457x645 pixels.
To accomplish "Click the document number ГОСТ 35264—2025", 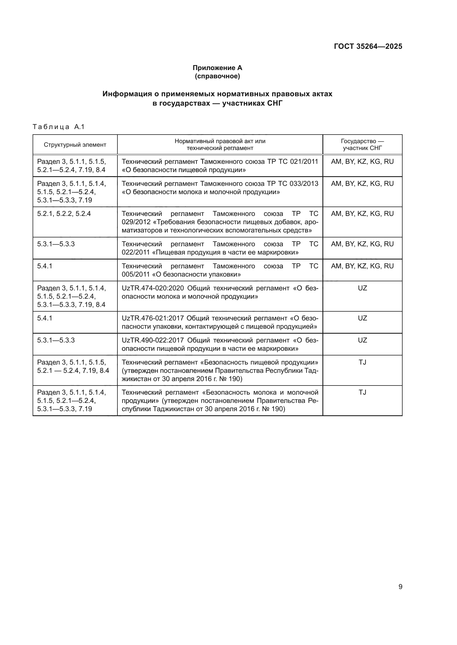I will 368,46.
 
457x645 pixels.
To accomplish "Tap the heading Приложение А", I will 217,68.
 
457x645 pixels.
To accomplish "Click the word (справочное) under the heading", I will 217,76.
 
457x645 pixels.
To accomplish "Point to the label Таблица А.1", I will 59,127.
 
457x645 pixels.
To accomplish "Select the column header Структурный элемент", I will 75,145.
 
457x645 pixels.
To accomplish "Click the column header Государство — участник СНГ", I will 362,145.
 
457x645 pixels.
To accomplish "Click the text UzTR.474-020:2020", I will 153,288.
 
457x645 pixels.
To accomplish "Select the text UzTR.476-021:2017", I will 153,318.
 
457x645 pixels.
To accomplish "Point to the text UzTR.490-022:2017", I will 153,340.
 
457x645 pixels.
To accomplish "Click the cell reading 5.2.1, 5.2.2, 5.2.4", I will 64,214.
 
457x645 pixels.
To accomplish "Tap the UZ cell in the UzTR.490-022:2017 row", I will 362,340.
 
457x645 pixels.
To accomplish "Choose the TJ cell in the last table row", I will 362,392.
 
